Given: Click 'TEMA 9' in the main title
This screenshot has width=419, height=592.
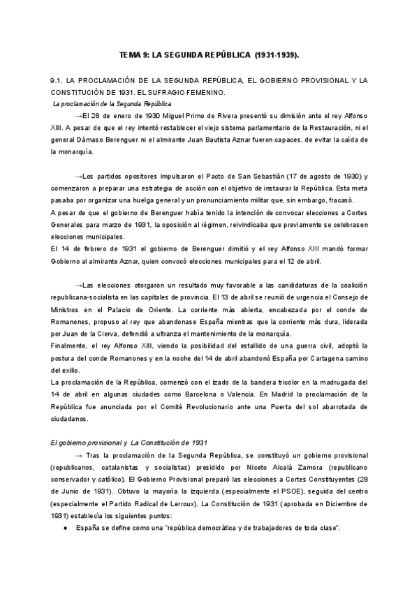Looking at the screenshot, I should pos(133,54).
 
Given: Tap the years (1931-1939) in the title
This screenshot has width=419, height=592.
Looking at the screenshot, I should pos(278,54).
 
